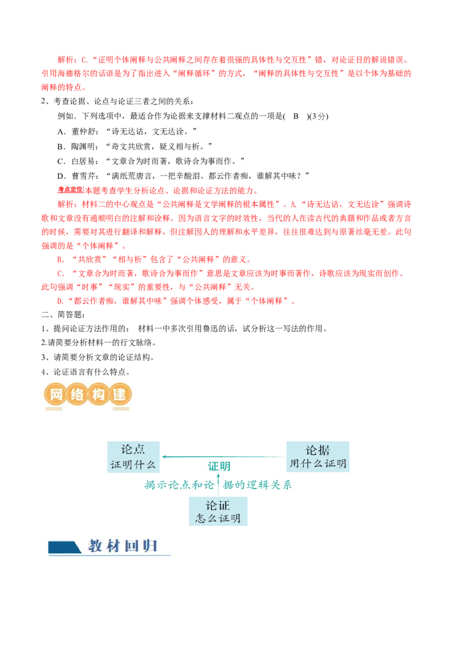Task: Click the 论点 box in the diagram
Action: coord(133,456)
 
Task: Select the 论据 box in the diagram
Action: coord(317,456)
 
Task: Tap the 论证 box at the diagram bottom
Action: coord(218,511)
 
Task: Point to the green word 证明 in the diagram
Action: coord(219,466)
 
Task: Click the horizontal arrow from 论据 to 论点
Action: coord(223,456)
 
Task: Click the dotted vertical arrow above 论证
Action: coord(218,485)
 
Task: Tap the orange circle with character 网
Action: coord(55,394)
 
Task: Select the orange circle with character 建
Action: coord(120,394)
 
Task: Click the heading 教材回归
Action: coord(123,546)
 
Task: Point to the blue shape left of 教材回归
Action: coord(64,547)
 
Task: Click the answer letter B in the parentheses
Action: coord(295,116)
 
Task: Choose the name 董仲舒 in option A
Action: coord(84,131)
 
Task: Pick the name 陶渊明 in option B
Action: coord(84,146)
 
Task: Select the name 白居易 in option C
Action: coord(84,161)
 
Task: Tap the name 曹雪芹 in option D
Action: coord(84,175)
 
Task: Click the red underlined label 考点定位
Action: coord(70,190)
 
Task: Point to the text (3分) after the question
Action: coord(319,116)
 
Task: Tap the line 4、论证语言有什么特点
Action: coord(85,372)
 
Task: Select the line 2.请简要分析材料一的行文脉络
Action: coord(99,342)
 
